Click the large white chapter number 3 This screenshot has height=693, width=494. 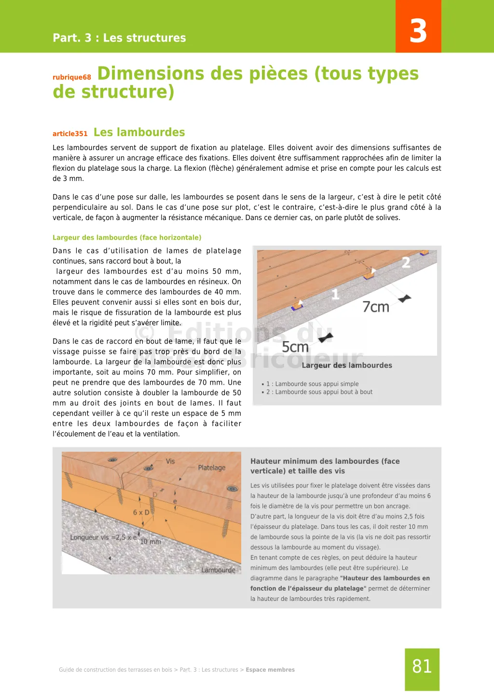pyautogui.click(x=418, y=31)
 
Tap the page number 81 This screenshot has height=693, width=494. pyautogui.click(x=422, y=666)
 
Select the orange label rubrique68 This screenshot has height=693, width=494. pyautogui.click(x=72, y=77)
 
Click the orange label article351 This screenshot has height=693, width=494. pyautogui.click(x=70, y=134)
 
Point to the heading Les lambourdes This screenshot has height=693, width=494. pyautogui.click(x=139, y=132)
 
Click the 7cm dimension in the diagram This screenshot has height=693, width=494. pyautogui.click(x=376, y=307)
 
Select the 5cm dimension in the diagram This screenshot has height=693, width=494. pyautogui.click(x=295, y=347)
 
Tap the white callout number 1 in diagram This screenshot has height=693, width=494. pyautogui.click(x=335, y=294)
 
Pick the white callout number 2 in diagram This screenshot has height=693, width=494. pyautogui.click(x=406, y=263)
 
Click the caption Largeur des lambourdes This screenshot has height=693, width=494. pyautogui.click(x=347, y=365)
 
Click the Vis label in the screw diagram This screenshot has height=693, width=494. pyautogui.click(x=170, y=461)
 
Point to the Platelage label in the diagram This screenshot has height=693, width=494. pyautogui.click(x=211, y=468)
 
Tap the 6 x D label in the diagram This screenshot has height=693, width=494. pyautogui.click(x=141, y=512)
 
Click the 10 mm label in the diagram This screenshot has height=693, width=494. pyautogui.click(x=151, y=542)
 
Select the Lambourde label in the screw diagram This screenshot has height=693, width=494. pyautogui.click(x=218, y=570)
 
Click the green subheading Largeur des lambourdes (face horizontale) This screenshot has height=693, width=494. pyautogui.click(x=127, y=237)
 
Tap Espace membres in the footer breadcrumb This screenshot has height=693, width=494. pyautogui.click(x=270, y=670)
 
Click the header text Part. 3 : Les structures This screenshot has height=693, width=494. pyautogui.click(x=119, y=38)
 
